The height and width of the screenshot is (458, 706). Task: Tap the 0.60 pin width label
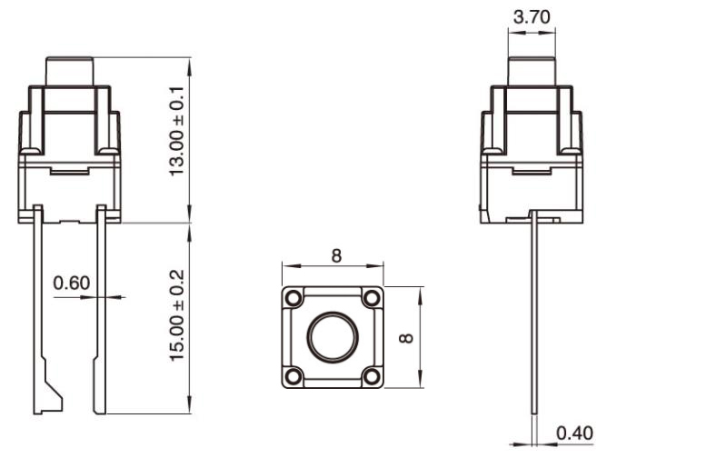(x=72, y=283)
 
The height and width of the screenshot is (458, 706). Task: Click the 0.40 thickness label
(x=574, y=433)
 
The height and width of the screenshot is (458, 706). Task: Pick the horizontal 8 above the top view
(x=336, y=255)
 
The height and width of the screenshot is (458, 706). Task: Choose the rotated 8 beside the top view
(x=407, y=338)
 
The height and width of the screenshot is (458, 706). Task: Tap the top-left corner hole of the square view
(x=293, y=297)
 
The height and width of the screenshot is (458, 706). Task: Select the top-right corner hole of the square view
(x=372, y=297)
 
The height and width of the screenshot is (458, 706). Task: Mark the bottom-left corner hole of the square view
(x=293, y=376)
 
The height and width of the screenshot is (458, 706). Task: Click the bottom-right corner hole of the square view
(x=372, y=376)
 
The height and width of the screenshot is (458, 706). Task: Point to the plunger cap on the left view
(x=70, y=71)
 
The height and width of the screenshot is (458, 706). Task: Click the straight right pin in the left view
(x=100, y=309)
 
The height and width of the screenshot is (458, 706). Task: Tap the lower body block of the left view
(x=69, y=191)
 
